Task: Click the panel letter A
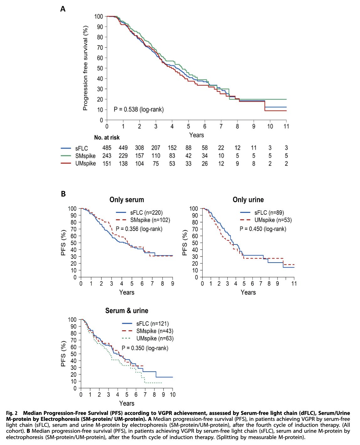tap(63, 9)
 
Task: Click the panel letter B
tap(63, 194)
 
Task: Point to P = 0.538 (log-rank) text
tap(139, 109)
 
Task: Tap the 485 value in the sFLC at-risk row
tap(107, 148)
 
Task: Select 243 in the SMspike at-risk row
tap(107, 156)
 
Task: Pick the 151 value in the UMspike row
tap(107, 164)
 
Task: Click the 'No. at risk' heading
tap(107, 138)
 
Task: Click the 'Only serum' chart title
tap(127, 200)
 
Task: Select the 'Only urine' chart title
tap(248, 200)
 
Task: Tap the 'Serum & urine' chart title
tap(127, 311)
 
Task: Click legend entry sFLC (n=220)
tap(146, 212)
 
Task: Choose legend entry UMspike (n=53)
tap(273, 220)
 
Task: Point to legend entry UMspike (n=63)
tap(155, 338)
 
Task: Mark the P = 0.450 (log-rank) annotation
tap(263, 229)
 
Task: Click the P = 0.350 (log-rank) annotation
tap(145, 348)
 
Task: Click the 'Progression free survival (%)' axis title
tap(85, 68)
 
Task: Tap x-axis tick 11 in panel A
tap(286, 126)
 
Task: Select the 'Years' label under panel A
tap(197, 135)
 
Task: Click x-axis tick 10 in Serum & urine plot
tap(172, 395)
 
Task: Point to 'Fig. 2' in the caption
tap(12, 413)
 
